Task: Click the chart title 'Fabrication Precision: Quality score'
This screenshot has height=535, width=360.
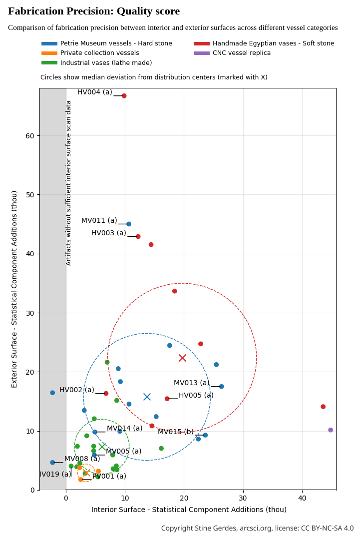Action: pos(94,11)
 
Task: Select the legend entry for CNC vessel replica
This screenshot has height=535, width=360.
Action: pos(242,53)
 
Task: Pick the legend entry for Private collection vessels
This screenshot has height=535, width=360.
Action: pos(99,53)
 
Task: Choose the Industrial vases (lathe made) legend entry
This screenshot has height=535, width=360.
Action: pos(106,63)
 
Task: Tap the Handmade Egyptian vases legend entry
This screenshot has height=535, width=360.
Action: pos(273,43)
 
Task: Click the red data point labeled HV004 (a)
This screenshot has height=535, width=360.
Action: pos(124,96)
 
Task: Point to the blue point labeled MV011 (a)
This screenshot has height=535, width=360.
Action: pos(129,224)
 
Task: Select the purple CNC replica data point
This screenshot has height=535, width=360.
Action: pos(331,430)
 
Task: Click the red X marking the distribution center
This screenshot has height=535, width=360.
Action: pos(183,358)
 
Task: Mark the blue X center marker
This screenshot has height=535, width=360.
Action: pos(147,397)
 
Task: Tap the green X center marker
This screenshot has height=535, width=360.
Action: pos(102,447)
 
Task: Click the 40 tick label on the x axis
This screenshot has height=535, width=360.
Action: pos(302,499)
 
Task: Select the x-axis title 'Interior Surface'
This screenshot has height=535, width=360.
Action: pos(189,510)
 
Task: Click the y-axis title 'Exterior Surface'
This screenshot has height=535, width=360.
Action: pos(14,289)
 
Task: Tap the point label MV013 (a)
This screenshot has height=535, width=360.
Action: pos(191,383)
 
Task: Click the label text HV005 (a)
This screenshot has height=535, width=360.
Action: pos(196,396)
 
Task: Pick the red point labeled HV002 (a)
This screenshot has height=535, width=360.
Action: pos(106,394)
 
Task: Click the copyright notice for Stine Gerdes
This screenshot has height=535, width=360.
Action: pos(257,529)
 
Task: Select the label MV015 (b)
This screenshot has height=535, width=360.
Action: pos(176,432)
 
